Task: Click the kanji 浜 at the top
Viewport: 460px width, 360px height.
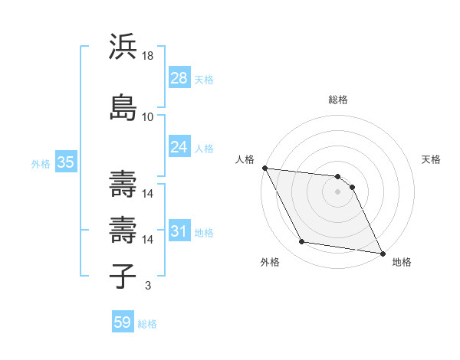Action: coord(123,47)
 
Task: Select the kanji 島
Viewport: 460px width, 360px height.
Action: coord(123,106)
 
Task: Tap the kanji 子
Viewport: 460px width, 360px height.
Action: coord(123,274)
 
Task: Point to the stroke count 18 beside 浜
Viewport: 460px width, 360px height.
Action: coord(148,57)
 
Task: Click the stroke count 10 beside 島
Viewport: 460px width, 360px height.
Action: coord(148,117)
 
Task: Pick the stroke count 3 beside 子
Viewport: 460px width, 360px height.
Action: coord(147,286)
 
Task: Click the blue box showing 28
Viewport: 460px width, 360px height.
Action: coord(179,78)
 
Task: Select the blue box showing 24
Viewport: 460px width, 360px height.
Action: coord(179,146)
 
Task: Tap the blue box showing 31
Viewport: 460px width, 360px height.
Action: coord(179,231)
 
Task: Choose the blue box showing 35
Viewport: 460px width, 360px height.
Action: coord(65,162)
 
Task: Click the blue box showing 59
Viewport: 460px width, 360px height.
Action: coord(122,322)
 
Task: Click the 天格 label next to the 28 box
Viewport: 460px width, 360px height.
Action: coord(204,79)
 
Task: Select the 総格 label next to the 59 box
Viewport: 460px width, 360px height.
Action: coord(147,323)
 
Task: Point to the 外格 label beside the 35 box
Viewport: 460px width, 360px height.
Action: coord(41,163)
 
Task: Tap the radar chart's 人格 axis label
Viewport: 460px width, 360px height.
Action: coord(245,159)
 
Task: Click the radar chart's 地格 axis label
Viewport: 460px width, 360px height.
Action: coord(402,262)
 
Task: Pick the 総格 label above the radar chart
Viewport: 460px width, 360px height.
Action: coord(338,100)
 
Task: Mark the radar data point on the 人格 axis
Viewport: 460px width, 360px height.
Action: coord(264,168)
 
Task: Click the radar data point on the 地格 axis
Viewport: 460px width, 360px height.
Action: coord(382,253)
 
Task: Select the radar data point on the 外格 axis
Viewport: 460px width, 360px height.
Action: coord(302,242)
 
